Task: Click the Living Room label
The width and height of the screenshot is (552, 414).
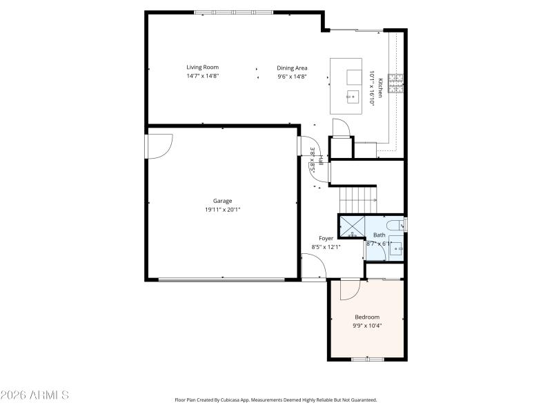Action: point(202,67)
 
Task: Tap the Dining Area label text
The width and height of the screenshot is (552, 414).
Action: point(292,68)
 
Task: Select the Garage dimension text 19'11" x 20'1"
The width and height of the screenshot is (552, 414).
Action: point(222,209)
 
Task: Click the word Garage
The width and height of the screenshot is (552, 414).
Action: point(222,201)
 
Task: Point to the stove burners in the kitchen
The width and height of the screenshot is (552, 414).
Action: point(396,83)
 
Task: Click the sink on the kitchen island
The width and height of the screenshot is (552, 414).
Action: point(353,95)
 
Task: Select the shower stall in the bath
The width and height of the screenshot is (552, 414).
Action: point(351,227)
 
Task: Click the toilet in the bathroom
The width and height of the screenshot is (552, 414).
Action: point(395,224)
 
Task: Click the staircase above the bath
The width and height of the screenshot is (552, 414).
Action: point(358,200)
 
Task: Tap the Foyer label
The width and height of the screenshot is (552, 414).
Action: point(326,238)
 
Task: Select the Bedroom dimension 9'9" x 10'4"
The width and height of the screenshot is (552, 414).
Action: point(367,326)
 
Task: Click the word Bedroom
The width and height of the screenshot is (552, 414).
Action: point(367,317)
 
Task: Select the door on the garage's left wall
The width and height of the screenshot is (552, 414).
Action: point(158,146)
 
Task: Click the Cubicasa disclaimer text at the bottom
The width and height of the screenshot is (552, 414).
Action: point(276,400)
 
